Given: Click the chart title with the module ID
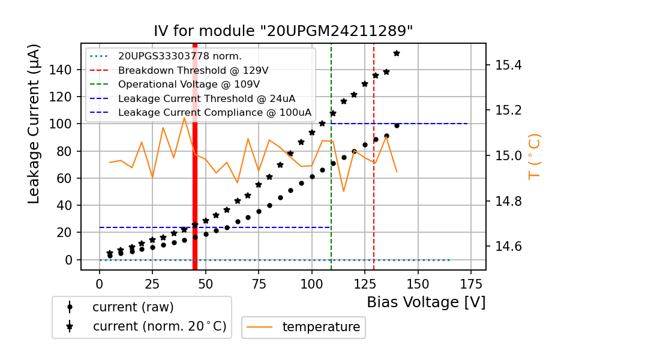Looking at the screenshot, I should pos(283,31).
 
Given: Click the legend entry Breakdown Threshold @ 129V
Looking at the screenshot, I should pos(193,70).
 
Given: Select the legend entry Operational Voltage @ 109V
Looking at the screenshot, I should pos(189,84).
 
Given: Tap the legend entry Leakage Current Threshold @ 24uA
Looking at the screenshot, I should pos(206,98).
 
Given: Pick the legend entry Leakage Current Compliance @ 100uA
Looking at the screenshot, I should pos(215,112).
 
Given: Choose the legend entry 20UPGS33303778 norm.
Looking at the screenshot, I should pos(179,56).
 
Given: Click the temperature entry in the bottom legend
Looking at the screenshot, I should pos(321,327).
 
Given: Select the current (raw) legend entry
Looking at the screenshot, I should pos(133,307).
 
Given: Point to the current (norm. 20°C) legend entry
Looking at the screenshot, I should pos(159,326).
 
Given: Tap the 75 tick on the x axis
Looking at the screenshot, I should pos(259,283).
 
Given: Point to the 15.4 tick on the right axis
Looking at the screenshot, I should pos(508,65).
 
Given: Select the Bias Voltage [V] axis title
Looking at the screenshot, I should pos(426,302).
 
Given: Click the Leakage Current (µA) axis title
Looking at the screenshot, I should pos(34,124).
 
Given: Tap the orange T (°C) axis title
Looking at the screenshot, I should pos(534,157).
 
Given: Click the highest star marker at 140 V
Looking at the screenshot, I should pos(397,53).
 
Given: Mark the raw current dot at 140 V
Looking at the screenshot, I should pos(397,125).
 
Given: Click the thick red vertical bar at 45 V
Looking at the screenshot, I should pos(195,180).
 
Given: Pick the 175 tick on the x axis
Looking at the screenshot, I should pos(470,283).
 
